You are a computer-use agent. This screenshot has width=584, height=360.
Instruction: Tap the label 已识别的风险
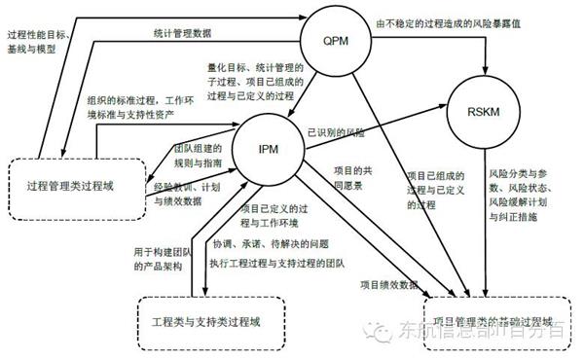pyautogui.click(x=336, y=131)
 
